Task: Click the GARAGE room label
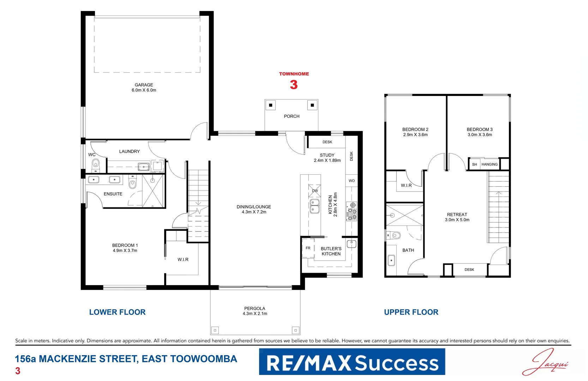(144, 85)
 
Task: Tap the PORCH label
(292, 116)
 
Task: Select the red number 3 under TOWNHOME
(294, 85)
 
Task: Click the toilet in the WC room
(96, 165)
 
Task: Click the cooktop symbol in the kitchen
(352, 211)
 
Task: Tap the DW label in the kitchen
(315, 191)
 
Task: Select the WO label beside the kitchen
(352, 181)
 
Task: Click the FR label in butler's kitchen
(308, 248)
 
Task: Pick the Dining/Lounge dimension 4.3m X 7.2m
(254, 212)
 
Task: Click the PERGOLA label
(254, 308)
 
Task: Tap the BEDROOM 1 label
(125, 245)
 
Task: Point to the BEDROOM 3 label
(480, 129)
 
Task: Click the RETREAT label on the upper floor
(457, 214)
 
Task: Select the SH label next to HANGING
(474, 164)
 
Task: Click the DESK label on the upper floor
(469, 270)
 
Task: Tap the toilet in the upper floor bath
(395, 235)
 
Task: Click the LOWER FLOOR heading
(117, 312)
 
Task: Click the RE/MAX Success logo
(352, 362)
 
